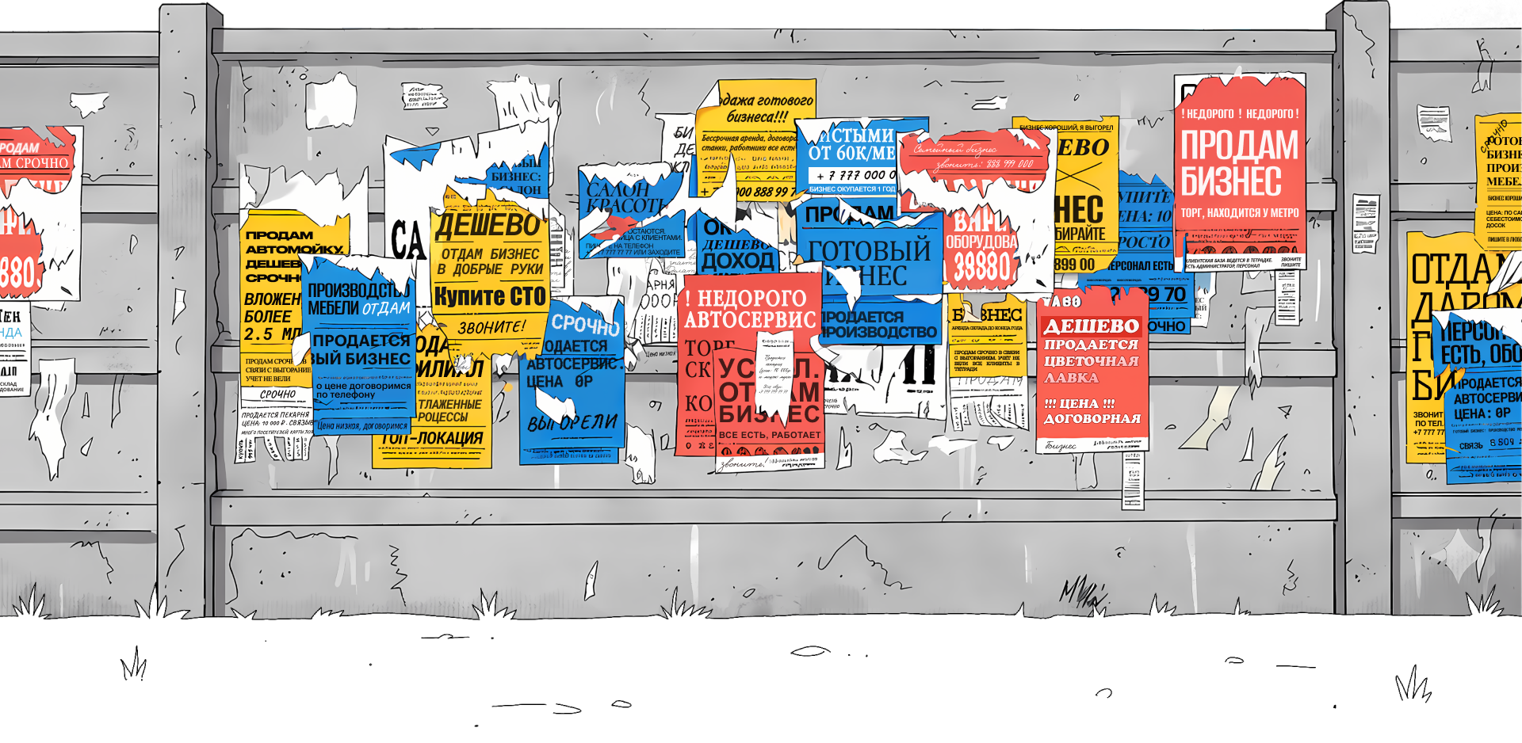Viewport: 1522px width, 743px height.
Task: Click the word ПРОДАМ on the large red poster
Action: (1239, 146)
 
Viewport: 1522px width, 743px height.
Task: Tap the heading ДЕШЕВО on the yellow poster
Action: (487, 226)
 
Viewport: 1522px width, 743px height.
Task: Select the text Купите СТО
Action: (490, 296)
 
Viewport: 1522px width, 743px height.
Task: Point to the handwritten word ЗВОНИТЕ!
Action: (491, 327)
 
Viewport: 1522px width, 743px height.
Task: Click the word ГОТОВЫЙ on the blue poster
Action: (870, 250)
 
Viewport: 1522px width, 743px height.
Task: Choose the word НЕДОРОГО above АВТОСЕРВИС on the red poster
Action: (751, 299)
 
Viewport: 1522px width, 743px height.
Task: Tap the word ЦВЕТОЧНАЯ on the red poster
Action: (1091, 361)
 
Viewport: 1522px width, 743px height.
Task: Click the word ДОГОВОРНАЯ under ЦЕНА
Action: (1092, 418)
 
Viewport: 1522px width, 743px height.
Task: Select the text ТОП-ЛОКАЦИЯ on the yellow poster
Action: (432, 438)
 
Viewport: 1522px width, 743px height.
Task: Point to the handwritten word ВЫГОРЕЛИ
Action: (572, 423)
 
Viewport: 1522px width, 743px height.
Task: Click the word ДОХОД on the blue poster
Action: (738, 260)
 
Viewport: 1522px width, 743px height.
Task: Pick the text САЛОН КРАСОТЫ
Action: (624, 197)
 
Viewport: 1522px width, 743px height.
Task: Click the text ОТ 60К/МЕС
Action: (851, 152)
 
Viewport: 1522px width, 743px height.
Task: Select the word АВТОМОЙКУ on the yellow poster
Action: (294, 249)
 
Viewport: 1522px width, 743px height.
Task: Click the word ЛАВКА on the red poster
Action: (1071, 378)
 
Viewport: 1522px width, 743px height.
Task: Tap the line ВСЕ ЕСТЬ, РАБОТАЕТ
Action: (769, 435)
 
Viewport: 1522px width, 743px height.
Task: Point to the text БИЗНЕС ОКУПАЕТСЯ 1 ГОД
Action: (851, 189)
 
